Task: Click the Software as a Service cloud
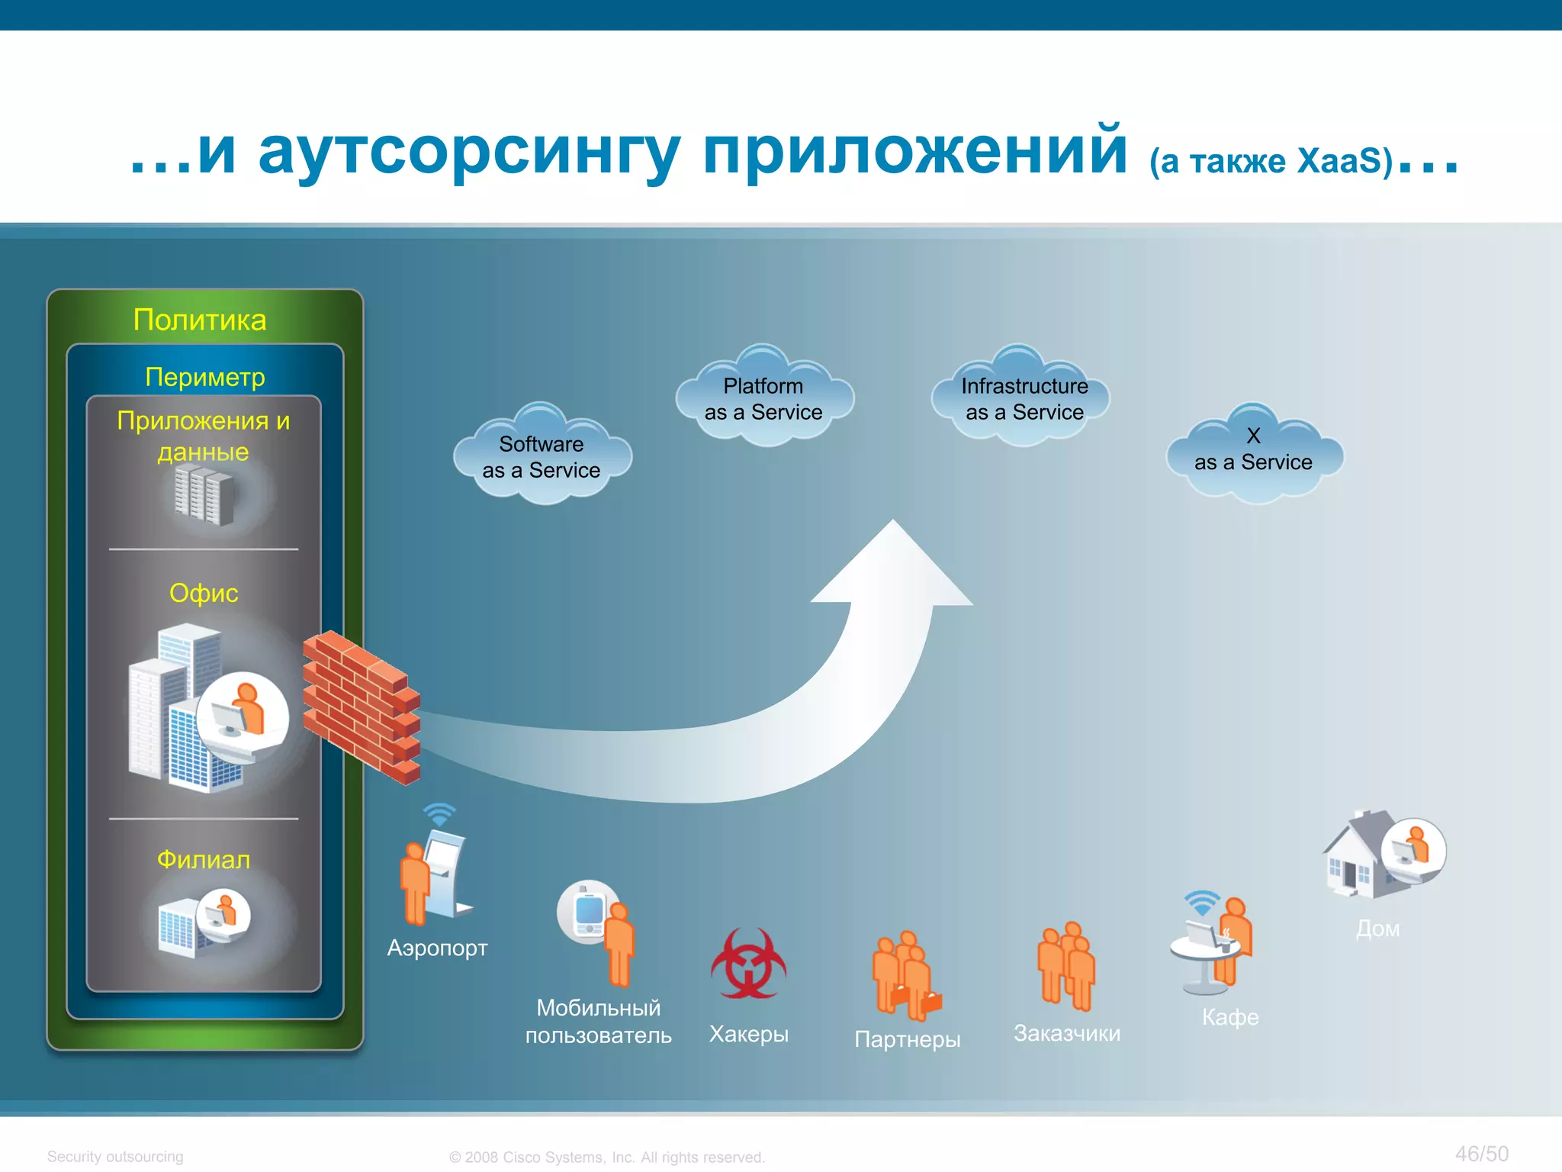(x=542, y=456)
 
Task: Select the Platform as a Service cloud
(x=763, y=398)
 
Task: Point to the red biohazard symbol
(x=748, y=964)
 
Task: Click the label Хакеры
(x=748, y=1034)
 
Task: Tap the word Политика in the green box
(x=200, y=320)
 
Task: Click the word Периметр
(x=205, y=377)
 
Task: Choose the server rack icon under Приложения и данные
(x=204, y=495)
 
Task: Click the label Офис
(x=204, y=593)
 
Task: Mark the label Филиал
(x=204, y=860)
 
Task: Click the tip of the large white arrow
(x=894, y=526)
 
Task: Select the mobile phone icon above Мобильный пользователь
(x=587, y=911)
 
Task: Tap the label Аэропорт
(x=437, y=948)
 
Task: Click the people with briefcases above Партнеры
(x=906, y=977)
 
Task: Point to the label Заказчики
(x=1066, y=1033)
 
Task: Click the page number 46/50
(x=1481, y=1154)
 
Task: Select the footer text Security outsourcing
(x=115, y=1157)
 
